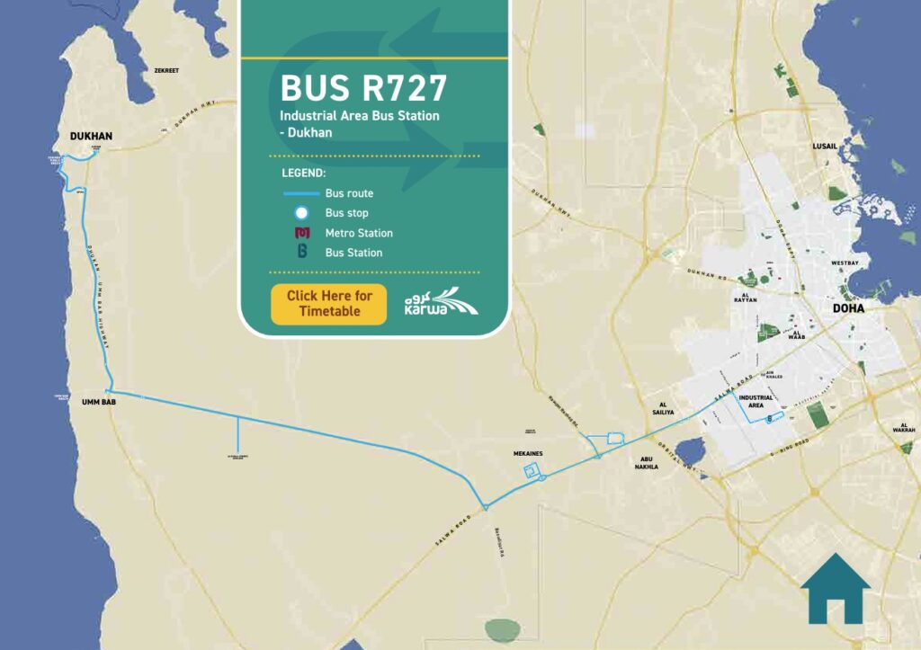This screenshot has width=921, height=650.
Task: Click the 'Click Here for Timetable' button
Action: (x=328, y=304)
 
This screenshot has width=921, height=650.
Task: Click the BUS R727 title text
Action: (x=363, y=89)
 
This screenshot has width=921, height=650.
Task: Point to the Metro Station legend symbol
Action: (x=302, y=233)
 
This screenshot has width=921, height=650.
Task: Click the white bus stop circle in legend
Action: (x=302, y=213)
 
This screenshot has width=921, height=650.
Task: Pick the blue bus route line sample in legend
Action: (x=301, y=193)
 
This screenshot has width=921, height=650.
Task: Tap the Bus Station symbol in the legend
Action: (x=302, y=253)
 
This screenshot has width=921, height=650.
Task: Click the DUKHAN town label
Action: (x=91, y=137)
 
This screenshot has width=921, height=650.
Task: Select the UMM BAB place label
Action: (x=99, y=402)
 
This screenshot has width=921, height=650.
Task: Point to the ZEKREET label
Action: (x=167, y=70)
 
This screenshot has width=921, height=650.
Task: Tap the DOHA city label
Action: (x=848, y=308)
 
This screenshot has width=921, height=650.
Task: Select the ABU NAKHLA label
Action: (x=646, y=462)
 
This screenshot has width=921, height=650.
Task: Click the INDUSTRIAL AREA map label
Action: (x=756, y=400)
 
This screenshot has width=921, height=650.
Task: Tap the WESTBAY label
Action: (x=845, y=263)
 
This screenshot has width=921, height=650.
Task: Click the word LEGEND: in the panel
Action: (x=303, y=173)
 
